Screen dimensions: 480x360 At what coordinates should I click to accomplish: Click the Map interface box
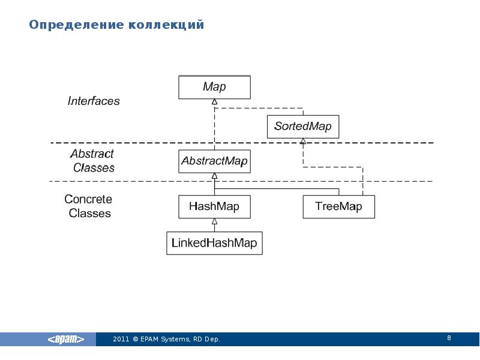point(214,87)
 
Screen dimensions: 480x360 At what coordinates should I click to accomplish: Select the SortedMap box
point(303,127)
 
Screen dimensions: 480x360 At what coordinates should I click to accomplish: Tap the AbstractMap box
point(214,161)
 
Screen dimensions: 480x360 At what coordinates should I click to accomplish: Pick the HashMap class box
point(214,206)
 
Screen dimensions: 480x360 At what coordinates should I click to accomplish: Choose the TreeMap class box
point(339,206)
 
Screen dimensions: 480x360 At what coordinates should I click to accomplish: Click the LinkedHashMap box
point(214,243)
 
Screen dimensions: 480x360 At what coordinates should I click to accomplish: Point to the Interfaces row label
point(94,101)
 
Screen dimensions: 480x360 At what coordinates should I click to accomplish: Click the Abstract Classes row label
point(93,161)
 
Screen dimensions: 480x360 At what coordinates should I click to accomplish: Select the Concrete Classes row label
point(88,206)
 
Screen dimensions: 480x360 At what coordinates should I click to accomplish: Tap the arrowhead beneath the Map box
point(215,101)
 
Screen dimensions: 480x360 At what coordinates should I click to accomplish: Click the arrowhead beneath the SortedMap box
point(303,141)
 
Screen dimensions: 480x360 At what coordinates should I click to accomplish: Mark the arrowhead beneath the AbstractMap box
point(215,176)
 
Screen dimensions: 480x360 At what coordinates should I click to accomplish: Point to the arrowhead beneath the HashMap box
point(215,221)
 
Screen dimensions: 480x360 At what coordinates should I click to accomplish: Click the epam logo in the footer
point(66,339)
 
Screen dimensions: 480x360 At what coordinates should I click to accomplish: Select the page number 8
point(449,338)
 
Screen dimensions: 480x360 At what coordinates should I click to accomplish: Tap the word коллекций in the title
point(166,25)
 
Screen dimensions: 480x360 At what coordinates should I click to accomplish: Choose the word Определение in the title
point(77,25)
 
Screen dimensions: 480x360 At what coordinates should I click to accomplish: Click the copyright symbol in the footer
point(136,339)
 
